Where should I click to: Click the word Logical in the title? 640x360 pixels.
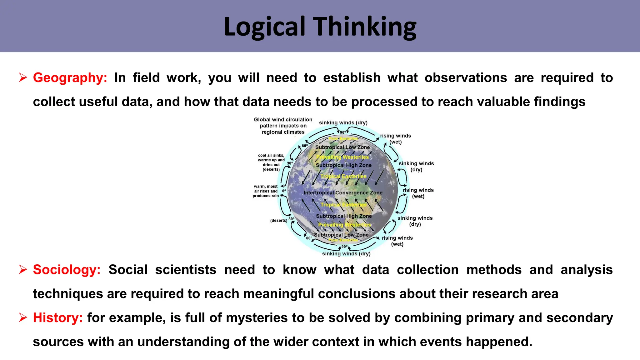264,27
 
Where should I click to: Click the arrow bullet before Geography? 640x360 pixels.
23,77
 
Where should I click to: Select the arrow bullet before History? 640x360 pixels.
23,317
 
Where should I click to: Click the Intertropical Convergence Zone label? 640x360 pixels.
343,193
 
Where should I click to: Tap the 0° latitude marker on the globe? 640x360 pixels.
284,191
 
